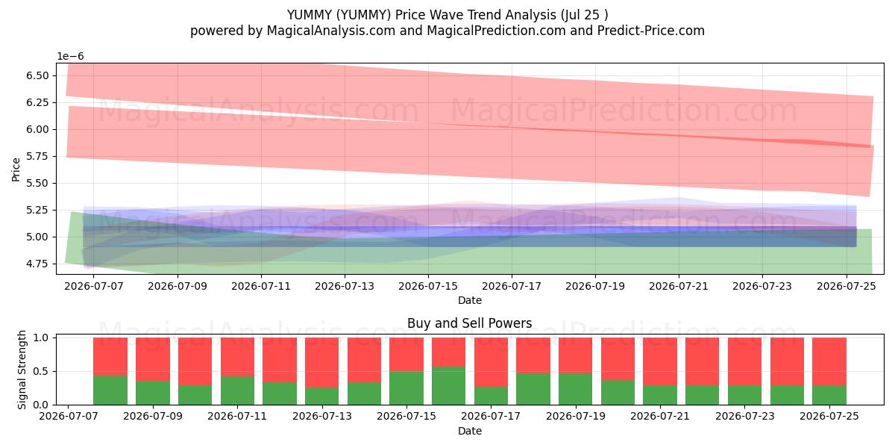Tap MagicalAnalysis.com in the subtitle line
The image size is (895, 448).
tap(331, 31)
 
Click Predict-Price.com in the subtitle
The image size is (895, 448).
tap(651, 31)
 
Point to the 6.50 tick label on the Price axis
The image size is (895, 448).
tap(37, 75)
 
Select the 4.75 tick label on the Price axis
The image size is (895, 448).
tap(37, 264)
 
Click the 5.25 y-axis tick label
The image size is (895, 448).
tap(37, 210)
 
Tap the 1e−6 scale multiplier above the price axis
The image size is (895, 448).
tap(70, 56)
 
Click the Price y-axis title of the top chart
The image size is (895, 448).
tap(16, 169)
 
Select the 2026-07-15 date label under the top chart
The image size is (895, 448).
tap(428, 287)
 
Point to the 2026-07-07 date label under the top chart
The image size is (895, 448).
tap(94, 287)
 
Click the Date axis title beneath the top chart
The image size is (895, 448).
tap(470, 300)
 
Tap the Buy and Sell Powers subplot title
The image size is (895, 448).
tap(469, 323)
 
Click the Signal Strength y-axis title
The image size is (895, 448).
tap(22, 370)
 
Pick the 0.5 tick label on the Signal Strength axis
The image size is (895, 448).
tap(41, 371)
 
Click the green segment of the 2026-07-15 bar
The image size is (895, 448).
tap(406, 388)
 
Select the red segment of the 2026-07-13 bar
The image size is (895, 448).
tap(321, 362)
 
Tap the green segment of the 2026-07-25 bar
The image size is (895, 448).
tap(829, 395)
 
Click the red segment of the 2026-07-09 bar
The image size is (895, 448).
tap(153, 359)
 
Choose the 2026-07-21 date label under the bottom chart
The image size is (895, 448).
tap(660, 416)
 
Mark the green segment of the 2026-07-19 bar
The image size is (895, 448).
tap(575, 389)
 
